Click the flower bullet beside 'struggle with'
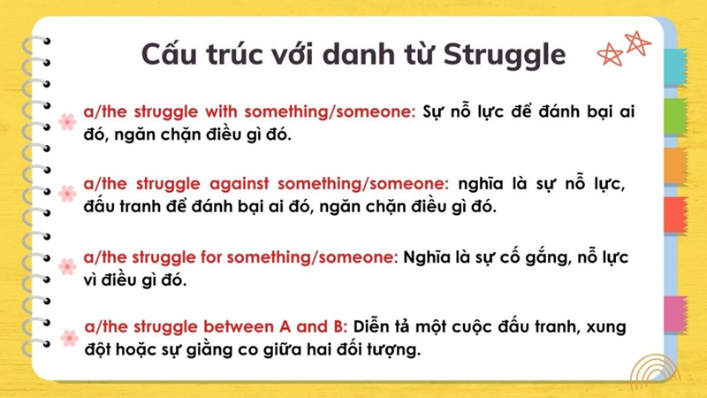[x=67, y=122]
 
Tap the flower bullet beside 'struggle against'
[x=67, y=193]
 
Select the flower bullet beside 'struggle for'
[x=67, y=266]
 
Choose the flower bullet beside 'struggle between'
[x=68, y=337]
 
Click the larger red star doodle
[x=636, y=42]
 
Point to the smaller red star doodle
[x=609, y=55]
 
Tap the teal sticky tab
[x=675, y=67]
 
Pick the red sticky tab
[x=675, y=215]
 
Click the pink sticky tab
[x=675, y=314]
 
